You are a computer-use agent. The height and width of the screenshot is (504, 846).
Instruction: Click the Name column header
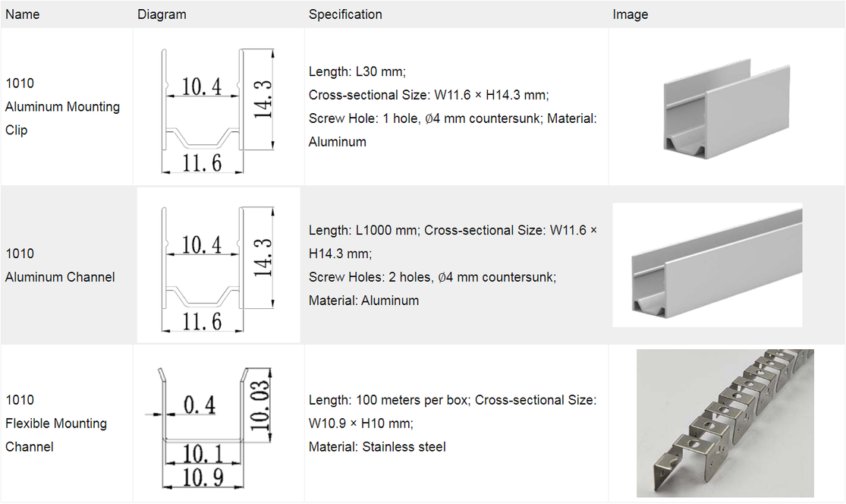(x=22, y=14)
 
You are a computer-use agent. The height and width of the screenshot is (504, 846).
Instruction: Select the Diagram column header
(x=162, y=14)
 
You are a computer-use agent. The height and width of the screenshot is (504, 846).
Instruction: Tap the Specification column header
(x=345, y=14)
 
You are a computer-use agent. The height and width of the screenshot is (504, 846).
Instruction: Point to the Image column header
(x=631, y=14)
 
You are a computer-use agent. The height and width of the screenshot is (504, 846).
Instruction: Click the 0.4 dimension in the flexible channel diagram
(x=200, y=405)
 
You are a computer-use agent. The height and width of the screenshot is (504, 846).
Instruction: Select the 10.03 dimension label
(x=259, y=405)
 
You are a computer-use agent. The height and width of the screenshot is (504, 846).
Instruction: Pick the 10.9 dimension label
(x=203, y=477)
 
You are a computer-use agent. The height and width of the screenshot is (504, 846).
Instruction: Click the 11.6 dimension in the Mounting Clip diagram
(x=202, y=163)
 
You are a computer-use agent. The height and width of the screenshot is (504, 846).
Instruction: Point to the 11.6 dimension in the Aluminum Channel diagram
(x=202, y=322)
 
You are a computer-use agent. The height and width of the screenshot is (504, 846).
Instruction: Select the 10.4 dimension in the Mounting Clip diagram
(x=201, y=87)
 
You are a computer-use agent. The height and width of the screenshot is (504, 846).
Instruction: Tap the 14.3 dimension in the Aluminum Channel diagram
(x=263, y=257)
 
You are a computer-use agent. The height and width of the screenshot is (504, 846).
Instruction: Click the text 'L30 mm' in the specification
(x=380, y=72)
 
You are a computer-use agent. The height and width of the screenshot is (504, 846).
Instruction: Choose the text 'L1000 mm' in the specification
(x=385, y=231)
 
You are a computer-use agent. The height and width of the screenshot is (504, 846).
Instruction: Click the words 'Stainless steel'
(x=404, y=447)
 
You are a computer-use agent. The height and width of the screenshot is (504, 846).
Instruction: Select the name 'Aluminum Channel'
(x=60, y=277)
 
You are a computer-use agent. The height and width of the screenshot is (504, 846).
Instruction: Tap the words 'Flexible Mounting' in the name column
(x=56, y=424)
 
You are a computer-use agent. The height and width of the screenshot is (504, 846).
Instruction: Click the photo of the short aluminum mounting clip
(x=726, y=108)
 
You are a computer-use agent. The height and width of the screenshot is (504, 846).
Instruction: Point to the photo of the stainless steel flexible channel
(x=725, y=423)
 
